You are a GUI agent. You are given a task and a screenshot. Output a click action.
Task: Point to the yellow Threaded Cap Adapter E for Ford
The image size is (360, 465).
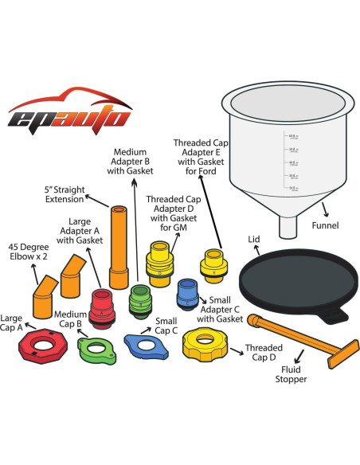point(213,264)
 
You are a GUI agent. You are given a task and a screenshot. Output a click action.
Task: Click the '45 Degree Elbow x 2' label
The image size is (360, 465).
point(27,252)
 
